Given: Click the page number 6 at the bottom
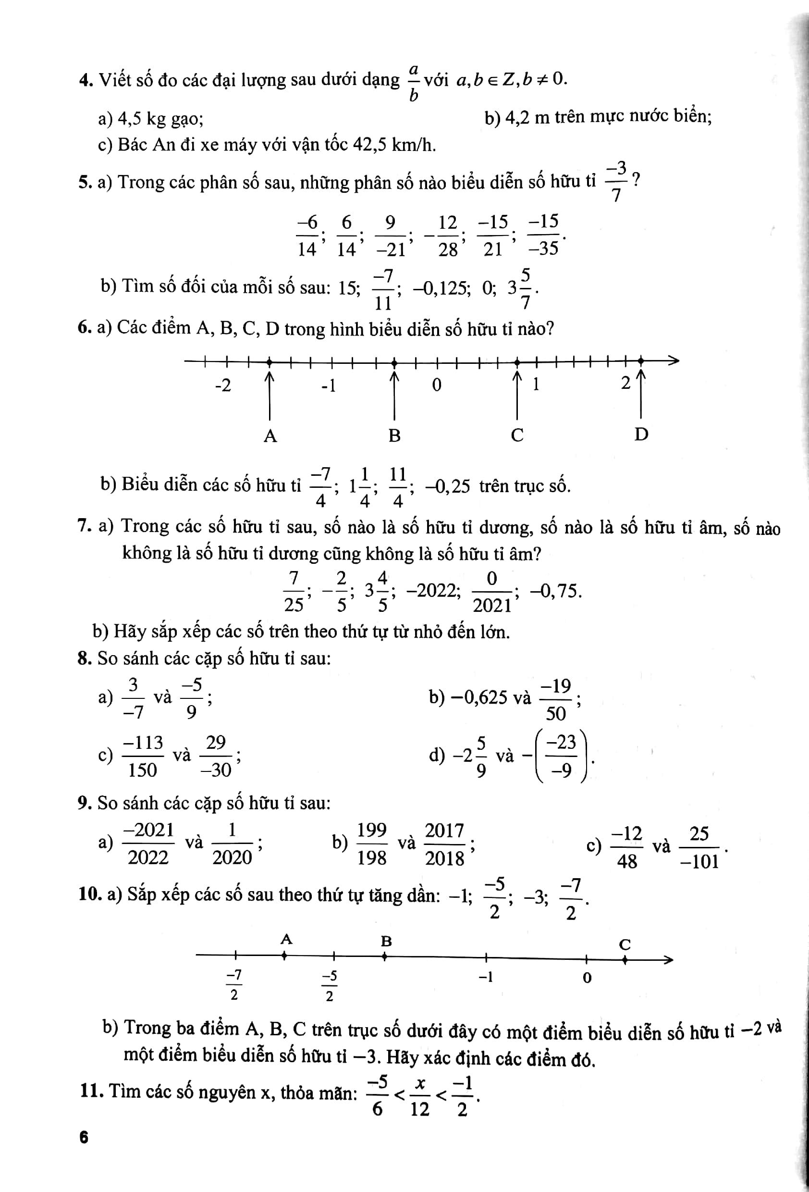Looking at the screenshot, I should (x=84, y=1152).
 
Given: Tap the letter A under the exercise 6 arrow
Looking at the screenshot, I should (x=270, y=436).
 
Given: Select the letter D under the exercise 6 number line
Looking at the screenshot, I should (x=641, y=435).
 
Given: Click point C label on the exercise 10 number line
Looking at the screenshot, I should (x=625, y=944).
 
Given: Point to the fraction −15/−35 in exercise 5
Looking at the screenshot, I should (x=543, y=236).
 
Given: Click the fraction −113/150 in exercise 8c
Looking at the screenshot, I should (x=143, y=756).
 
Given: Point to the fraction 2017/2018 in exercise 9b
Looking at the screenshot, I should (x=444, y=844).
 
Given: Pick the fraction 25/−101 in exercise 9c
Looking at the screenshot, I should (x=699, y=847).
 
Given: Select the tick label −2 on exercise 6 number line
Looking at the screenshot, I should (x=223, y=385).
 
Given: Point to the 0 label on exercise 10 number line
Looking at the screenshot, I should (x=587, y=978).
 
